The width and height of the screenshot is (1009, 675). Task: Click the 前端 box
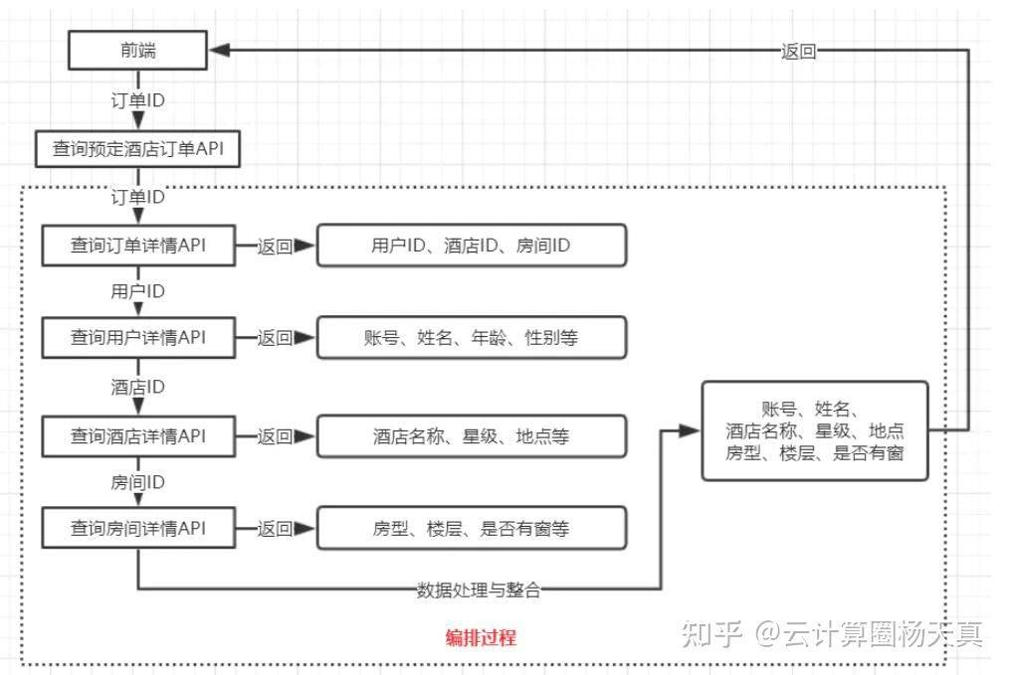coord(137,51)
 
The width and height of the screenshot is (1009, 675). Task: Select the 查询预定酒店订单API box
coord(137,149)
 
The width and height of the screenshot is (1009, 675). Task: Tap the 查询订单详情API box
coord(137,246)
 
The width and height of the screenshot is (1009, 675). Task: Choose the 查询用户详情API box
coord(137,337)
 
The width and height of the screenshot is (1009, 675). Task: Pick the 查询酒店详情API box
coord(137,434)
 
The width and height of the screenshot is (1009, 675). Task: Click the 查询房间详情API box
coord(137,528)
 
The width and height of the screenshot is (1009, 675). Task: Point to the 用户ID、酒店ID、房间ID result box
coord(471,246)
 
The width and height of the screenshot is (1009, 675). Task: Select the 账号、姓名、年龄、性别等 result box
coord(471,338)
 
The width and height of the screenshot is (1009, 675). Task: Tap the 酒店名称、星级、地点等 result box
coord(471,435)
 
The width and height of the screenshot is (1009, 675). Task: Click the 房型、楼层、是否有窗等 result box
coord(471,529)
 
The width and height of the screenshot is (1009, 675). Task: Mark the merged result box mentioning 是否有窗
coord(814,430)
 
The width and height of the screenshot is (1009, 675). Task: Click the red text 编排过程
coord(481,637)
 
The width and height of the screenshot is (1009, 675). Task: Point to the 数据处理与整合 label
coord(479,590)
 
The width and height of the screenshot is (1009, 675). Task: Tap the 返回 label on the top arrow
coord(799,53)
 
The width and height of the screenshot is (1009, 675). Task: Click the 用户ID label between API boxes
coord(137,291)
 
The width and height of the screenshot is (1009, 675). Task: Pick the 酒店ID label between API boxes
coord(137,387)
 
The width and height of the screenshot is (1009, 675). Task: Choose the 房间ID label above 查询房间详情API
coord(137,482)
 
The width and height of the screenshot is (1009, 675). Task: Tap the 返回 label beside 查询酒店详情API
coord(275,435)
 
